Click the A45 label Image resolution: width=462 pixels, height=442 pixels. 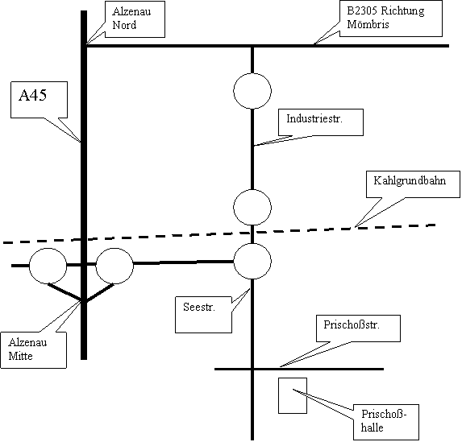coord(33,95)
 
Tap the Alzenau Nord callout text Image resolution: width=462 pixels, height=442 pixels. coord(131,19)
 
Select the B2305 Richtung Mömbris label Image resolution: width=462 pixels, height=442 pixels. coord(385,18)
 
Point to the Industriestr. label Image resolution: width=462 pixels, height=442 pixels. coord(314,118)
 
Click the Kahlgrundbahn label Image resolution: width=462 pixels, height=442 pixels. coord(410,181)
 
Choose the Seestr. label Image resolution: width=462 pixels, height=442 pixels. coord(199,307)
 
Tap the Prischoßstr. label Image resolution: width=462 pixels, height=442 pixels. coord(352,324)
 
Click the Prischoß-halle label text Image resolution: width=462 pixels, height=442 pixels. coord(384,421)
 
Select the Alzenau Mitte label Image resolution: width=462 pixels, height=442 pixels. coord(27,349)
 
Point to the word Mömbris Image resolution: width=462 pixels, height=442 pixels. coord(368,24)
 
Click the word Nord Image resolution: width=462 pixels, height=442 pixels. coord(124,25)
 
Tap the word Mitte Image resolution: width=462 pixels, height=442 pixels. coord(20,356)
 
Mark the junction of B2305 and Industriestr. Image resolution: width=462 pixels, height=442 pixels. coord(252,46)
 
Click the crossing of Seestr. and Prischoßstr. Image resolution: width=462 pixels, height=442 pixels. coord(252,369)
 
